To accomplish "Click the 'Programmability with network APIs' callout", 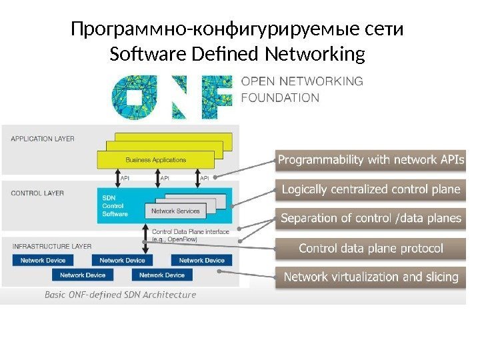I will coord(371,160).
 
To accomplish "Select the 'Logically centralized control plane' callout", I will coord(371,190).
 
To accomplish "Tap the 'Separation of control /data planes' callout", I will coord(371,219).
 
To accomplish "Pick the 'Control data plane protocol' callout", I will coord(371,249).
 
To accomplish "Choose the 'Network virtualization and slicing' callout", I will coord(371,277).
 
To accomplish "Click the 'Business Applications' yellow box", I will coord(156,160).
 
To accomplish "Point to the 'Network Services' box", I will coord(175,211).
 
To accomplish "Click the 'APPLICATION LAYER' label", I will coord(43,139).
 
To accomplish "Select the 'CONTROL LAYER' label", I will coord(37,193).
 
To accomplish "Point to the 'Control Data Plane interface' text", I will coord(191,232).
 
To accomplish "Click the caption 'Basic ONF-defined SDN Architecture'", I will coord(120,295).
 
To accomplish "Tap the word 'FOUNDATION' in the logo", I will coord(279,97).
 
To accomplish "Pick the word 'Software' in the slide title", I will coord(139,53).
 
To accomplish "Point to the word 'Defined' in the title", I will coord(217,53).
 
